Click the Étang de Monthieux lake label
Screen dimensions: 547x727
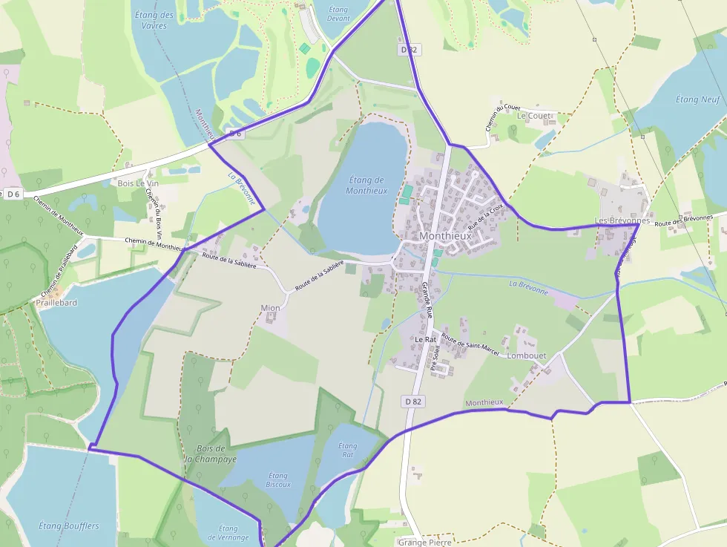point(366,185)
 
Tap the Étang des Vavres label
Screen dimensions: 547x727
point(155,20)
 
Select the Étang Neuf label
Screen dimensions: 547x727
point(698,99)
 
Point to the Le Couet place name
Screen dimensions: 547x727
point(534,116)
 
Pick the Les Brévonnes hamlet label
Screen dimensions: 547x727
point(622,221)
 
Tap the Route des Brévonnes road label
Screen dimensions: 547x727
point(683,220)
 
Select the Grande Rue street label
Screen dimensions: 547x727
point(427,300)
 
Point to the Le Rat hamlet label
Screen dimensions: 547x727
point(425,339)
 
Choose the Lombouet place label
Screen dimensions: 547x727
point(526,356)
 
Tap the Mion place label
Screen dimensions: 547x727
point(271,307)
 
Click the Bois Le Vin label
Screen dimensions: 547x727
point(134,183)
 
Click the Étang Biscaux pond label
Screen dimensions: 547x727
point(278,479)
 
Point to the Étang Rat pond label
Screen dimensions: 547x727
point(347,450)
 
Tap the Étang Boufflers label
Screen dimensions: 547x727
point(68,526)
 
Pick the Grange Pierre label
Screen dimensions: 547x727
point(424,542)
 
